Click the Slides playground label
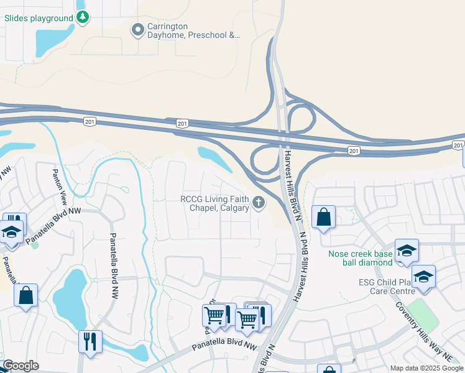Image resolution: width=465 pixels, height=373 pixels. (x=39, y=18)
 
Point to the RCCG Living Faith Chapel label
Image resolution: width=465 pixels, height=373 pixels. (x=214, y=203)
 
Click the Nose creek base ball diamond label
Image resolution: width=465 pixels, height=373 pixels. (x=361, y=258)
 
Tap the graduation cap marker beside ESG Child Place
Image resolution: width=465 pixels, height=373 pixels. (x=423, y=277)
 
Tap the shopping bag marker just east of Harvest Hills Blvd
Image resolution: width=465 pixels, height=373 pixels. (x=323, y=217)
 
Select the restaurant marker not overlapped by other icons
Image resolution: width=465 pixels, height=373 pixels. (x=91, y=342)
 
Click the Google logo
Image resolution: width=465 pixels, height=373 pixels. (x=21, y=366)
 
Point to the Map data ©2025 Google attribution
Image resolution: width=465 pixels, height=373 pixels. (x=426, y=368)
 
